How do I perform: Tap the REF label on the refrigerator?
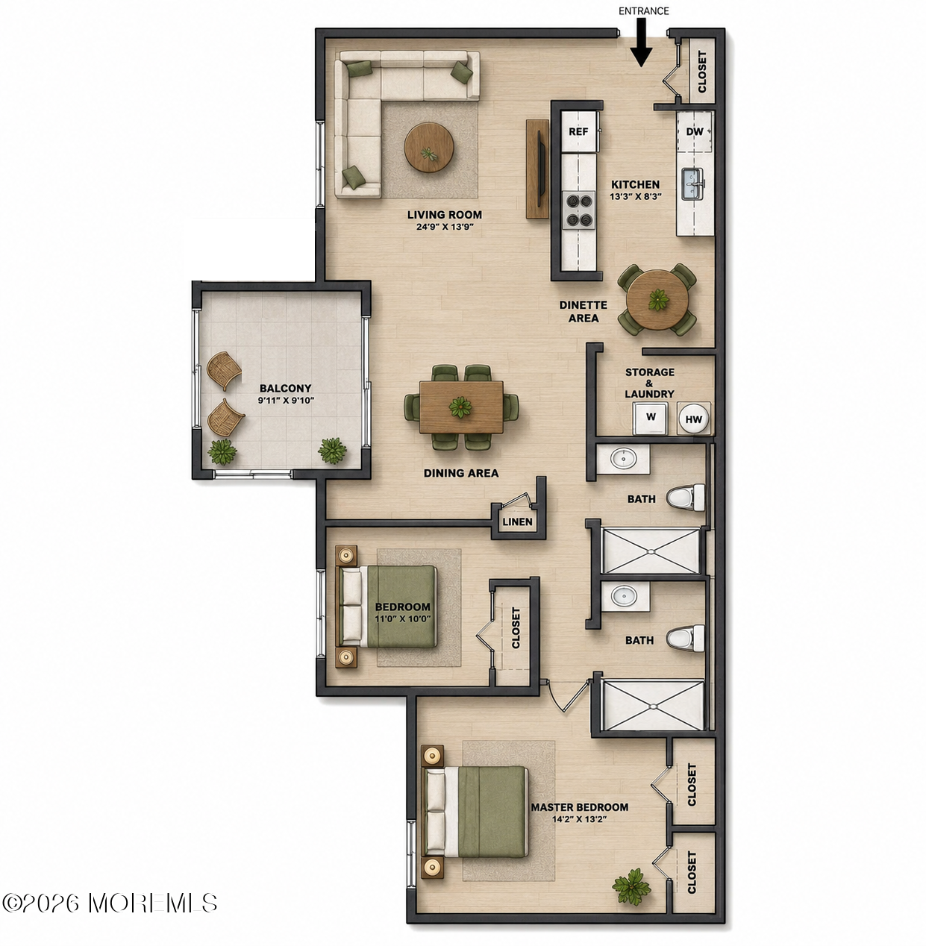pyautogui.click(x=578, y=131)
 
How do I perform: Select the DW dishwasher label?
pyautogui.click(x=694, y=131)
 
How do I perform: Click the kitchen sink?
pyautogui.click(x=692, y=184)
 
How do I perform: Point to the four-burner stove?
pyautogui.click(x=578, y=210)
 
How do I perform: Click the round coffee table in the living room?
pyautogui.click(x=428, y=147)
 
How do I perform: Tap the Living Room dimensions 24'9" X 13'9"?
pyautogui.click(x=444, y=227)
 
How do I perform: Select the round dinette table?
pyautogui.click(x=657, y=300)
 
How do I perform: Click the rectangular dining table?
pyautogui.click(x=461, y=407)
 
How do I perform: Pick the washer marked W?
pyautogui.click(x=651, y=418)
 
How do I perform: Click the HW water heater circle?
pyautogui.click(x=694, y=419)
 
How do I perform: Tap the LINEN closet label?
pyautogui.click(x=518, y=521)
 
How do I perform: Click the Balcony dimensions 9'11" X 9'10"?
pyautogui.click(x=286, y=400)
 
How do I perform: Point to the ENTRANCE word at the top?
pyautogui.click(x=643, y=10)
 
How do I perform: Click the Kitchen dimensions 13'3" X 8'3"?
pyautogui.click(x=636, y=196)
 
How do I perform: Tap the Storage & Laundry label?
pyautogui.click(x=650, y=383)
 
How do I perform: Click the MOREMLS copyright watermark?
pyautogui.click(x=110, y=902)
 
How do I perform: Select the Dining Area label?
pyautogui.click(x=461, y=473)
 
